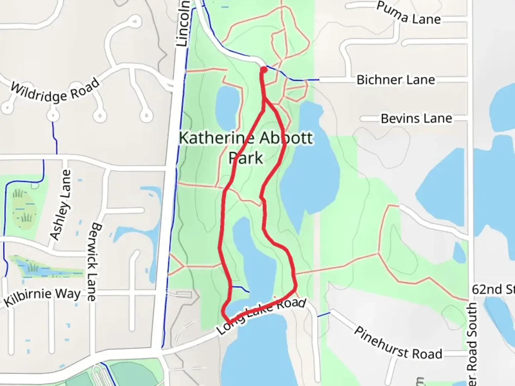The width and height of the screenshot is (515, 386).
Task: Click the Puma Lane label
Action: [x=408, y=13]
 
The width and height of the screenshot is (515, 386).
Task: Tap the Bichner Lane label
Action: [x=396, y=80]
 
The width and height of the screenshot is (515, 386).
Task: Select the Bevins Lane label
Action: [x=416, y=118]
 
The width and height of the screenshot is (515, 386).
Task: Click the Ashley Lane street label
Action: [x=60, y=204]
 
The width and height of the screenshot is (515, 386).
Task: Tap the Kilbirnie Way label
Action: [x=42, y=297]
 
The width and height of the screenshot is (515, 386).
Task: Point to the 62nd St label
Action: [x=493, y=289]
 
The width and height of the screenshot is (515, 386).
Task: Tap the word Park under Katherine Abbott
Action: [x=246, y=158]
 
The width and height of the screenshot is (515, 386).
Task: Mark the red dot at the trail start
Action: [x=264, y=70]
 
